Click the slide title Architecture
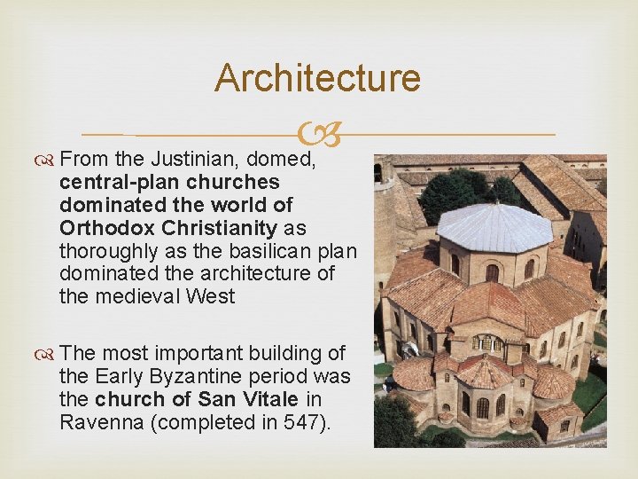point(317,78)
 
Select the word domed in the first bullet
point(281,161)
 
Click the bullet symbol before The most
point(45,354)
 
